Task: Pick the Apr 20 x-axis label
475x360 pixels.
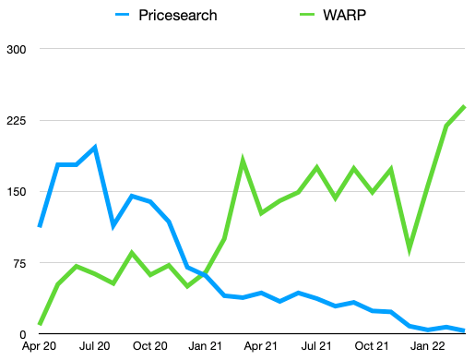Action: pyautogui.click(x=40, y=347)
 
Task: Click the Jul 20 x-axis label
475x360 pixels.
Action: pyautogui.click(x=95, y=347)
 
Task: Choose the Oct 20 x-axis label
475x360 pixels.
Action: pyautogui.click(x=150, y=347)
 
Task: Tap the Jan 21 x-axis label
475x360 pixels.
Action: pyautogui.click(x=206, y=347)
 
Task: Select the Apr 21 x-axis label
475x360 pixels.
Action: pyautogui.click(x=261, y=347)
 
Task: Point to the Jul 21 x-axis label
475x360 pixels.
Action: pyautogui.click(x=316, y=347)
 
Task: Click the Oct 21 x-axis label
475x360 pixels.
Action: pyautogui.click(x=372, y=347)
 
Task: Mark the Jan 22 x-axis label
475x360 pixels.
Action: pyautogui.click(x=427, y=347)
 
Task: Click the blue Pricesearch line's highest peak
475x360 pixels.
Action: pyautogui.click(x=95, y=147)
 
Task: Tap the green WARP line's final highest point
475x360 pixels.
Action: pyautogui.click(x=464, y=106)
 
